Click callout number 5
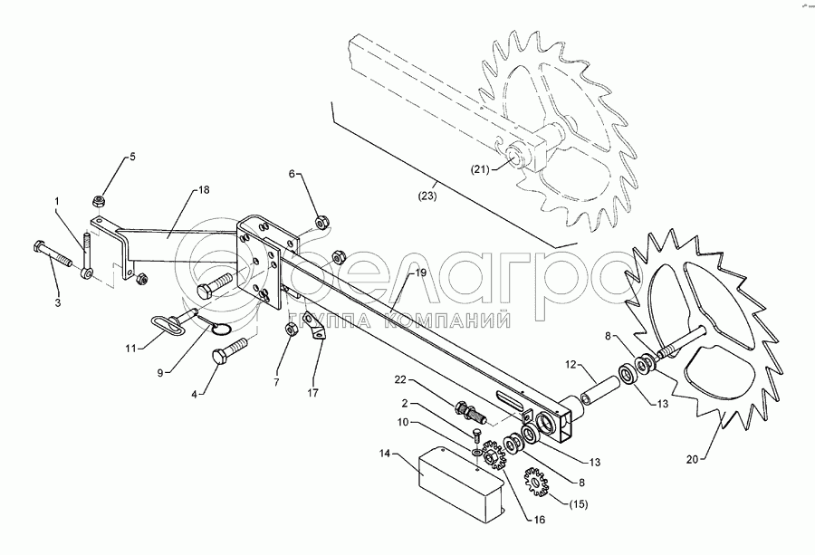pyautogui.click(x=131, y=157)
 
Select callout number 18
pyautogui.click(x=204, y=190)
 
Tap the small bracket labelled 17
pyautogui.click(x=314, y=326)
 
